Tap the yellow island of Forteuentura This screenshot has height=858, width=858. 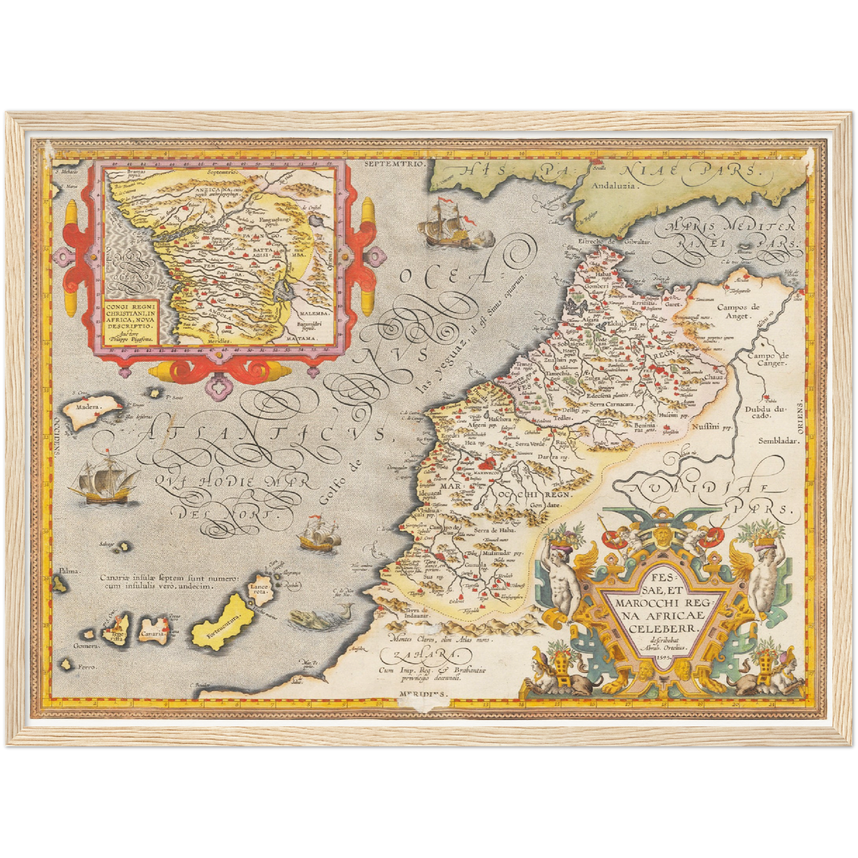[219, 620]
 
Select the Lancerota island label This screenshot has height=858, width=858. [261, 586]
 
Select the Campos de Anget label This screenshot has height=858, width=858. [738, 311]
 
